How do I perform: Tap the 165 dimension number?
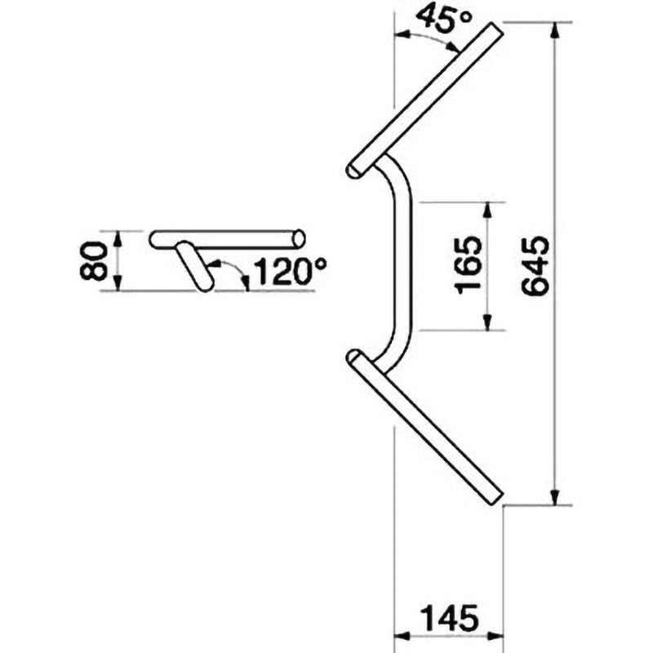[466, 265]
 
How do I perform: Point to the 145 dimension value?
[449, 618]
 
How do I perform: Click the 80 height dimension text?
[96, 260]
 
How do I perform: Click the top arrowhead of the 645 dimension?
[556, 30]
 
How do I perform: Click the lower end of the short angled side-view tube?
[203, 283]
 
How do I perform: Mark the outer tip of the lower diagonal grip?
[494, 497]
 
